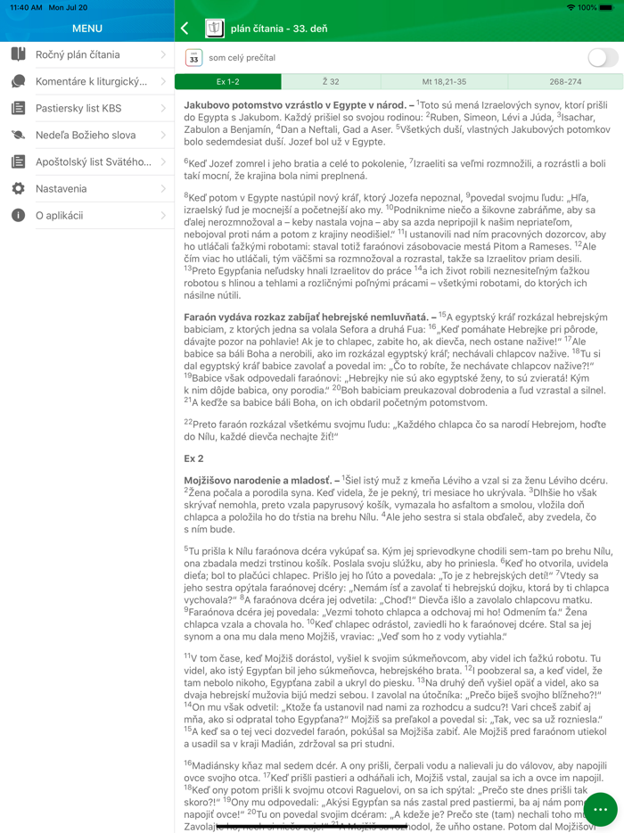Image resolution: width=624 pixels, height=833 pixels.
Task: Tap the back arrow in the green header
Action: click(185, 29)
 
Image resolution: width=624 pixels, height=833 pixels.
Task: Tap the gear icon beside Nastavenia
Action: click(18, 189)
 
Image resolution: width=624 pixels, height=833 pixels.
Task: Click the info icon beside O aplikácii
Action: click(18, 216)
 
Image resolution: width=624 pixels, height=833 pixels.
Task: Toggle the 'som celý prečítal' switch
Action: click(603, 58)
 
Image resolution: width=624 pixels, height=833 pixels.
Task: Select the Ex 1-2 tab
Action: click(228, 82)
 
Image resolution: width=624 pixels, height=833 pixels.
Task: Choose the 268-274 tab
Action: click(565, 82)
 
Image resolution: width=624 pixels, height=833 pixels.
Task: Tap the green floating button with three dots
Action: click(601, 809)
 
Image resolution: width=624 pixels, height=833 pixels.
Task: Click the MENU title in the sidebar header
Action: click(87, 29)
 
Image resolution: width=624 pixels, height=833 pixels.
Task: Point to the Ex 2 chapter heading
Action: click(193, 458)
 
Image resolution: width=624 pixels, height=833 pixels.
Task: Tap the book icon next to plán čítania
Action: click(214, 29)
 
